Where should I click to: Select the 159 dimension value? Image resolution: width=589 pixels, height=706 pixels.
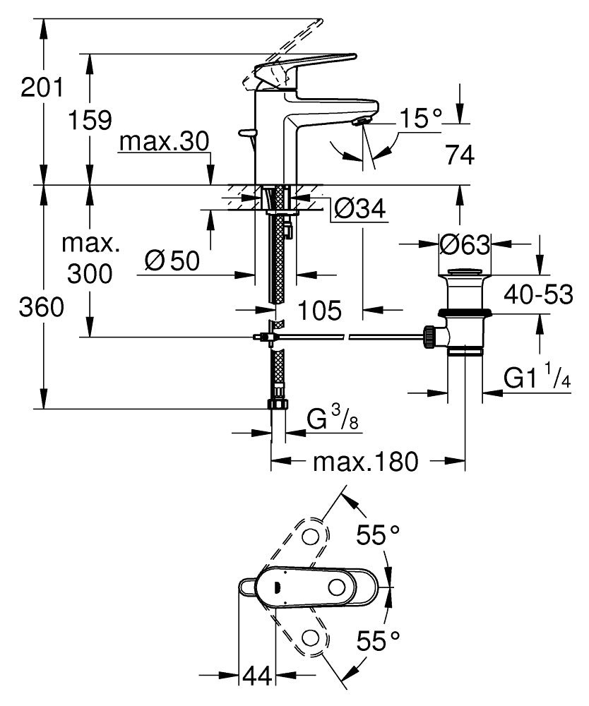click(90, 120)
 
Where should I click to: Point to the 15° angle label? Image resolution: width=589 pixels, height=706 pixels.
click(421, 119)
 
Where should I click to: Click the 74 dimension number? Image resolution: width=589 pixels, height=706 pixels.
click(460, 155)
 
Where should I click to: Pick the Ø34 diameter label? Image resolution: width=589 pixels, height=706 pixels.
click(360, 208)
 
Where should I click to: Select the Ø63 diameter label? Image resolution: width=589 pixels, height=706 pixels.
click(464, 245)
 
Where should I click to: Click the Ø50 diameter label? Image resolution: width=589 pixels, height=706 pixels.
click(172, 261)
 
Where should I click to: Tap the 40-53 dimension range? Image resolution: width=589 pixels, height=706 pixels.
click(538, 295)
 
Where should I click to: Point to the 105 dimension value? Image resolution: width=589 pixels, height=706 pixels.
click(320, 310)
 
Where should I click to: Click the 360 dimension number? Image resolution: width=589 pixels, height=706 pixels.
click(42, 308)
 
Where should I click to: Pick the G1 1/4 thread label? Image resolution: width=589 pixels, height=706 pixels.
click(537, 376)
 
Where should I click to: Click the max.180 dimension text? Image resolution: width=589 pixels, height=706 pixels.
click(366, 462)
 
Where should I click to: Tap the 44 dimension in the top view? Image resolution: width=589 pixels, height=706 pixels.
click(258, 676)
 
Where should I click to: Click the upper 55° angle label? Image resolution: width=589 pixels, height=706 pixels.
click(378, 535)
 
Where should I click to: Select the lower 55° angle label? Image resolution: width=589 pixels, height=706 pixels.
click(378, 641)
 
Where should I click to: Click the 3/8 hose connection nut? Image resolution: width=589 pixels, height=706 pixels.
click(278, 403)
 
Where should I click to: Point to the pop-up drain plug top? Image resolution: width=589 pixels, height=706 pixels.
click(464, 272)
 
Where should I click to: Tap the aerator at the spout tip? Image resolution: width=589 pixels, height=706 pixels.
click(361, 122)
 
